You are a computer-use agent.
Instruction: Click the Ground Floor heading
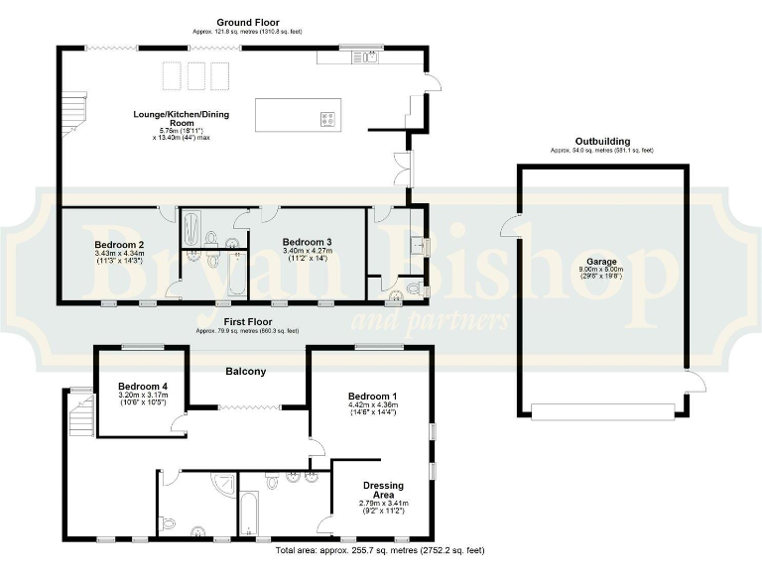coord(247,21)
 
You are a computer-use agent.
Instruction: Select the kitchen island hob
coord(326,119)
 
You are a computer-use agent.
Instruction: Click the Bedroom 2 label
coord(120,244)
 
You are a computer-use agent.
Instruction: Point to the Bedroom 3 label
coord(307,242)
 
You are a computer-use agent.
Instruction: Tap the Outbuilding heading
coord(602,141)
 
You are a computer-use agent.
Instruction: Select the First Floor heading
coord(247,322)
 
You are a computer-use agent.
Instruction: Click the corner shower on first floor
coord(226,486)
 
